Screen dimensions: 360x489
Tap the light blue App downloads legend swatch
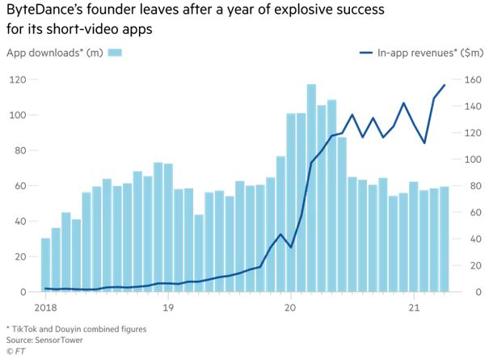[x=116, y=53]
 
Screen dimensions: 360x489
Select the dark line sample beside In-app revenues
[x=369, y=53]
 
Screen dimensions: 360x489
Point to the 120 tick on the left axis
[x=17, y=79]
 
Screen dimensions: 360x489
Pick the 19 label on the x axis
[x=168, y=307]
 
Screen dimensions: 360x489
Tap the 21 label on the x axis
[x=414, y=307]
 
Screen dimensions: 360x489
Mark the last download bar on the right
[x=444, y=239]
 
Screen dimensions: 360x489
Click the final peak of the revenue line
[x=444, y=85]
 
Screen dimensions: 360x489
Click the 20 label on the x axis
[x=291, y=307]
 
